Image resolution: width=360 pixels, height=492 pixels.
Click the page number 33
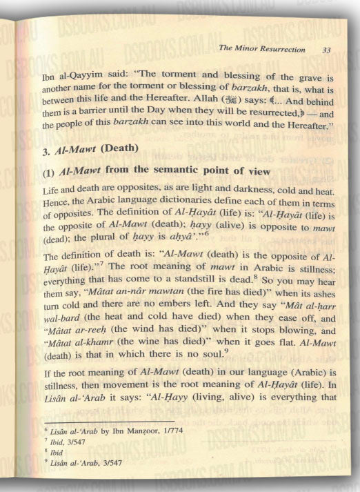coord(326,50)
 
